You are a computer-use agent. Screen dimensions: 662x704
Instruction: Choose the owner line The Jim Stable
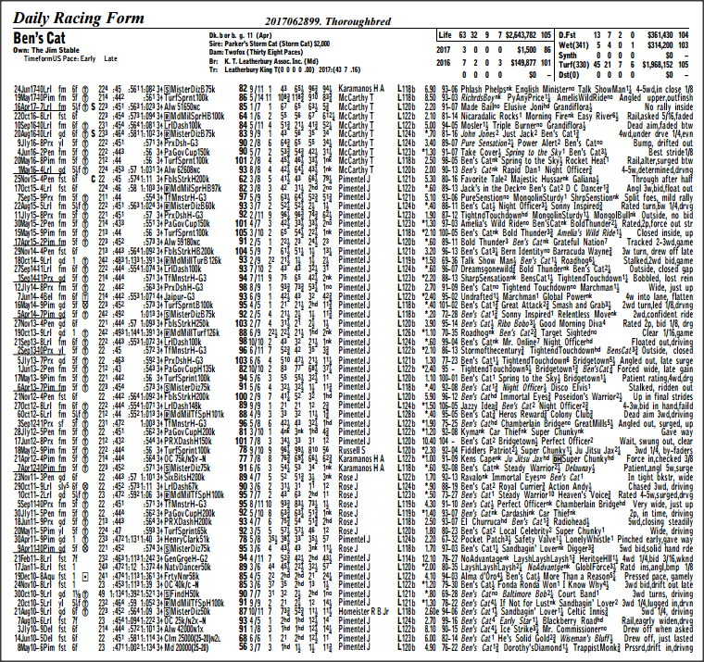coord(55,51)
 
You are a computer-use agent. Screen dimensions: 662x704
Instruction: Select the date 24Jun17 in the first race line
coord(30,88)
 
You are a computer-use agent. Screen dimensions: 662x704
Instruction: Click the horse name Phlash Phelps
coord(488,88)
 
